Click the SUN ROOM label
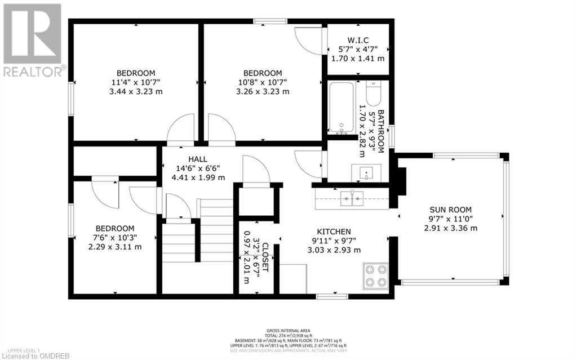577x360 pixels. tap(450, 208)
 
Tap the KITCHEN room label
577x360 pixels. tap(334, 232)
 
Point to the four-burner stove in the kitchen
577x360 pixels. tap(375, 276)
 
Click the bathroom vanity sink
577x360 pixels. tap(365, 172)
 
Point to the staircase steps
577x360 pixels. tap(216, 226)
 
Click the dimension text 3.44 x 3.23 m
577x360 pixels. tap(136, 91)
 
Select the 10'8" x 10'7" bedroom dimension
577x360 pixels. tap(262, 82)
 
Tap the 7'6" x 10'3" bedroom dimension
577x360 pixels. tap(115, 237)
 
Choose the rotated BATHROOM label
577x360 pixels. tap(380, 131)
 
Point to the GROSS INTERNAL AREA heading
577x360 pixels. tap(288, 331)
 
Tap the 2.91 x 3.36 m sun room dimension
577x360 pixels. tap(450, 228)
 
